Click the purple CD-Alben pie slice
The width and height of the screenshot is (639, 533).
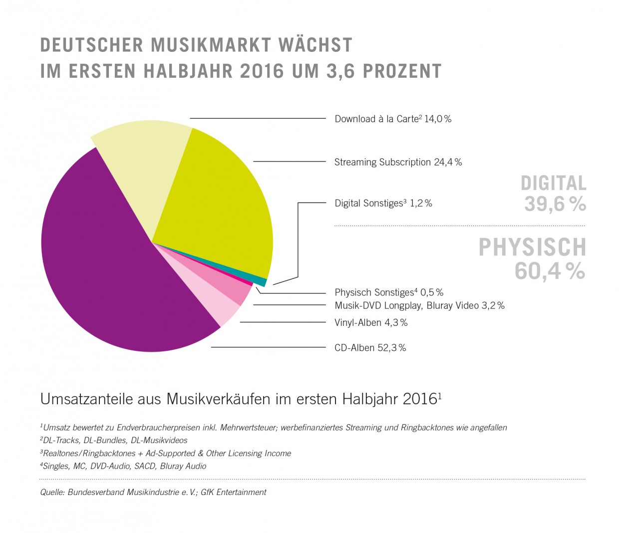tap(100, 260)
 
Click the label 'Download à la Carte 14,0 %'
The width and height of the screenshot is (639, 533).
tap(393, 119)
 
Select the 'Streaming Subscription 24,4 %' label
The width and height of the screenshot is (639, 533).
tap(398, 162)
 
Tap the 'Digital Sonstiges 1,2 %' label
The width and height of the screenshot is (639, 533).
tap(383, 203)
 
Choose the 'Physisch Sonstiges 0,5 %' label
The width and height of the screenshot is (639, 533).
tap(389, 292)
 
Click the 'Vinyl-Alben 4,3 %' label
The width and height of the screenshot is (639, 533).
tap(371, 323)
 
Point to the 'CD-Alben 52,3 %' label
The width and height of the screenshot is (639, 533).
tap(370, 348)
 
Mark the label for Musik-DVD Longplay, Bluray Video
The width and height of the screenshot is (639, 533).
tap(419, 305)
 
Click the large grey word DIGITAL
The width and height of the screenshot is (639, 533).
tap(553, 184)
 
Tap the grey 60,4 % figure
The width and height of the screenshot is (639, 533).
tap(550, 271)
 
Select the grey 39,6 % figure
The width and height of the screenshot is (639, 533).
tap(555, 204)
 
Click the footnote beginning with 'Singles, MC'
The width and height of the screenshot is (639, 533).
tap(123, 466)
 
